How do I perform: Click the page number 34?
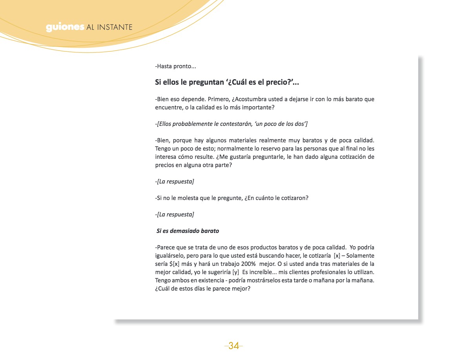pyautogui.click(x=233, y=345)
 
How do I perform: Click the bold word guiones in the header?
pyautogui.click(x=65, y=27)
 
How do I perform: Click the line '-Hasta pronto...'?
pyautogui.click(x=175, y=66)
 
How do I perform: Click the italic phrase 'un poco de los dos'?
pyautogui.click(x=279, y=124)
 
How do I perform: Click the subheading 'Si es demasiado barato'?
pyautogui.click(x=187, y=231)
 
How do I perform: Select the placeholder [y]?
pyautogui.click(x=235, y=272)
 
